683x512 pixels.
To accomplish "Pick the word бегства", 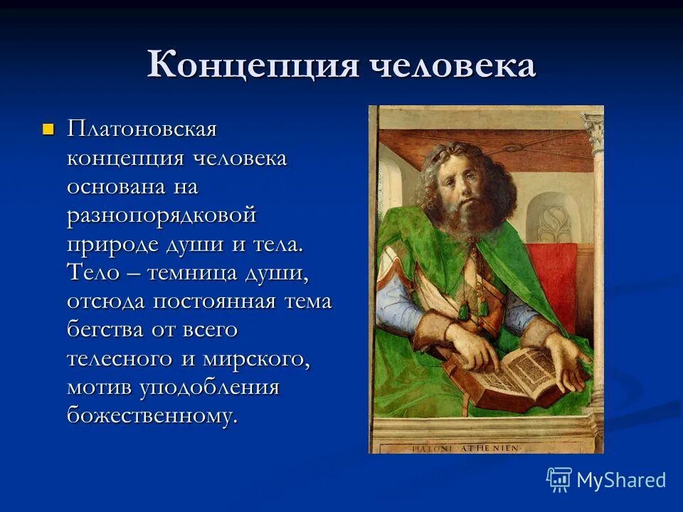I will pos(106,330).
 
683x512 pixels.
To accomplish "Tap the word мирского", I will pos(257,358).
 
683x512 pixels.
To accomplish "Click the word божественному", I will pos(152,416).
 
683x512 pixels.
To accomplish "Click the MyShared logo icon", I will pos(559,480).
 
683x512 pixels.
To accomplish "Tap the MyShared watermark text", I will pos(621,480).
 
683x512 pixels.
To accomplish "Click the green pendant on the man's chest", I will pos(464,311).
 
